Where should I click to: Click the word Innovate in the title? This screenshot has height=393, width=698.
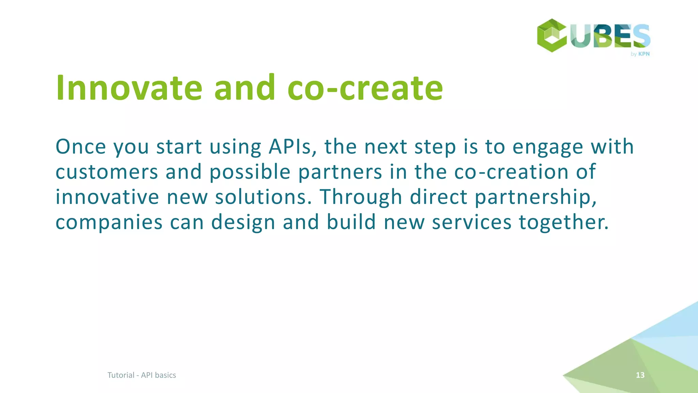coord(129,88)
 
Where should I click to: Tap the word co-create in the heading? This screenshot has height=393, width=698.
coord(365,89)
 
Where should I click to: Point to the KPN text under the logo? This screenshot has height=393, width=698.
coord(644,54)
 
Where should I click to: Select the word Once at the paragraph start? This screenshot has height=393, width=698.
coord(81,147)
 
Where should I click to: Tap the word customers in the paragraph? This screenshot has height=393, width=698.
coord(107,172)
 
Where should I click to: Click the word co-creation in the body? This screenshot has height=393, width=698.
coord(511,172)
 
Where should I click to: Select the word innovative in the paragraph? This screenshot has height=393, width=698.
coord(107,197)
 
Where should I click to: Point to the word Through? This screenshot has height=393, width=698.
coord(361,197)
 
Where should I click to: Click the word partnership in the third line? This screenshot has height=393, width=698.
coord(535,198)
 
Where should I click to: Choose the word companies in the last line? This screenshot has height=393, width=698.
coord(109,222)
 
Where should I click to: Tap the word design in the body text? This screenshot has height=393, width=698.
coord(243,222)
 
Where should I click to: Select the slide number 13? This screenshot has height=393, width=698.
coord(640,375)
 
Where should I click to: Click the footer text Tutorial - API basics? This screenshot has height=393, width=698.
coord(142,375)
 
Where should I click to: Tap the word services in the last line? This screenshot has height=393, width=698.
coord(472,222)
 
